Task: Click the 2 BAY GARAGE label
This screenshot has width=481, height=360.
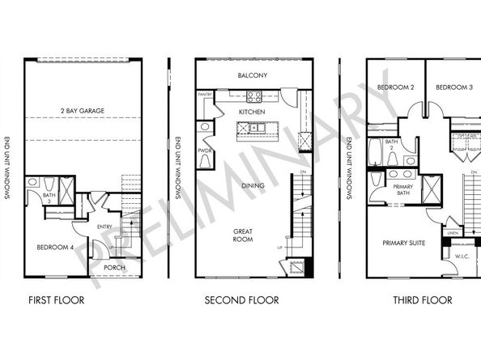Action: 83,110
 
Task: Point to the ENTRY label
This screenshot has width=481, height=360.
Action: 104,227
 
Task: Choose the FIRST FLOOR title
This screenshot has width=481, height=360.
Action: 56,300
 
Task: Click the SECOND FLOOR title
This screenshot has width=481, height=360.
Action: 241,300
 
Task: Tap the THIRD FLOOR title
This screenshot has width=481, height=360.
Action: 422,300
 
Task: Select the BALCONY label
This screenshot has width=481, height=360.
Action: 253,76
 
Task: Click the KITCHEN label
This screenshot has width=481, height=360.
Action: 253,111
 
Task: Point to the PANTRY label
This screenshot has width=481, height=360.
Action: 205,95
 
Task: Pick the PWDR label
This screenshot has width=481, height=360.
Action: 205,150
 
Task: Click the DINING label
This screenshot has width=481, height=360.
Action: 253,186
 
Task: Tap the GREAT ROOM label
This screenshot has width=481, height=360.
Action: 243,235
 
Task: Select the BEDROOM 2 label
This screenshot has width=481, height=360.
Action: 394,87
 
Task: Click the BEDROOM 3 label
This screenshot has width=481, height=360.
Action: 453,87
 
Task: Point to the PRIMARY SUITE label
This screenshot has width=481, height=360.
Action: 405,241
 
